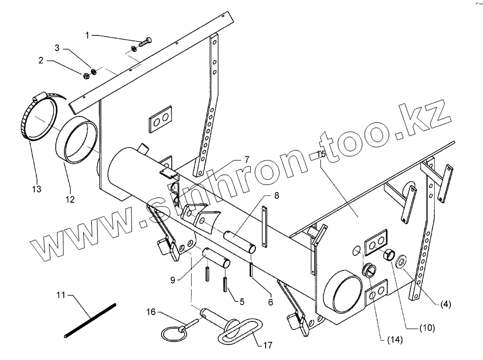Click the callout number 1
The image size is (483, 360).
coord(87,35)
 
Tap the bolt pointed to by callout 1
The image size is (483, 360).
coord(145,42)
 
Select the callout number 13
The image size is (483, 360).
coord(36,189)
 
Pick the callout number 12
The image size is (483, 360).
coord(70,199)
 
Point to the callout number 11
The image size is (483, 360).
coord(61,295)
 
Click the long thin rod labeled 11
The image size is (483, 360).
coord(90,321)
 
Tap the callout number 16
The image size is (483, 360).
coord(151,312)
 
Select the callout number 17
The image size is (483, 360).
coord(268,345)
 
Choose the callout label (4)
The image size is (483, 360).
coord(445,305)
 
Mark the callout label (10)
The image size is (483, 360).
coord(427,328)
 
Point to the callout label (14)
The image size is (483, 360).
coord(395,340)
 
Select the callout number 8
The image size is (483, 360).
coord(276,195)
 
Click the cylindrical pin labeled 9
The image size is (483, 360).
coord(216,258)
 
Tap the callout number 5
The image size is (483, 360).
coord(242,302)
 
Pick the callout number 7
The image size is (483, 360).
coord(247,159)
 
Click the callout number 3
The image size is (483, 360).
coord(57,48)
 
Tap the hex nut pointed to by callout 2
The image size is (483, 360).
coord(86,75)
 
